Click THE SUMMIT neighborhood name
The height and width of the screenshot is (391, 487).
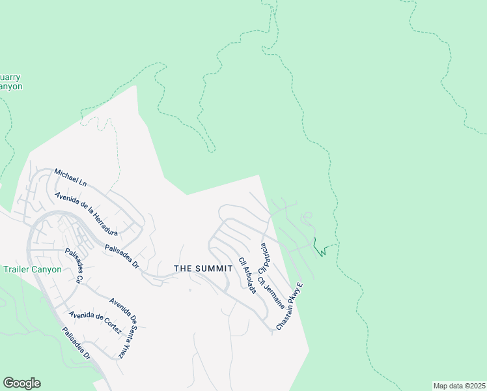203,268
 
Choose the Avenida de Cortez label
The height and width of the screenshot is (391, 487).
95,323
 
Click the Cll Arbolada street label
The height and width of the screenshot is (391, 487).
247,276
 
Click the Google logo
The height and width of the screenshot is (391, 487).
21,383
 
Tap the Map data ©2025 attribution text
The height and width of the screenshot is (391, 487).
459,386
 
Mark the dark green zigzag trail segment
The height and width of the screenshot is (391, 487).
319,248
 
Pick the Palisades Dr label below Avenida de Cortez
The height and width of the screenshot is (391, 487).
77,343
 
